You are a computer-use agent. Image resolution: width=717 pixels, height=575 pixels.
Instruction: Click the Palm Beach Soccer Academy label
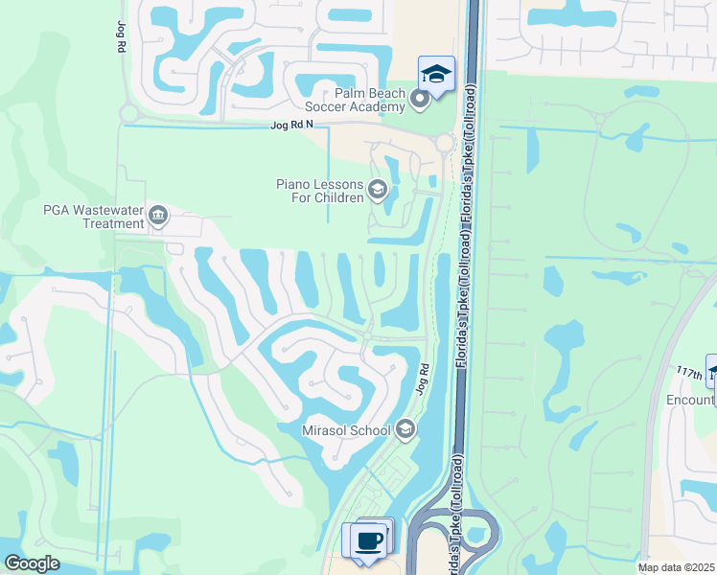pos(356,100)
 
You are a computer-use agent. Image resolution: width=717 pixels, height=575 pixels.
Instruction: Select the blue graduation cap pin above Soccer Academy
pos(436,74)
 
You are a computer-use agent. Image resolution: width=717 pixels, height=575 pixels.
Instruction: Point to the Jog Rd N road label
pos(292,126)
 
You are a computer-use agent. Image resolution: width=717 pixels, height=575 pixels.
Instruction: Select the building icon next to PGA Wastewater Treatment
pos(158,216)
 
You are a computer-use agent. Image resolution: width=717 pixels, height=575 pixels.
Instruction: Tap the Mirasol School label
pos(346,430)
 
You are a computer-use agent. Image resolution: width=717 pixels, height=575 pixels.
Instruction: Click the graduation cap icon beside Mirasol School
pos(405,428)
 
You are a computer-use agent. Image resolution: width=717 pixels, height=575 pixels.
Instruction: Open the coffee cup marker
pos(369,541)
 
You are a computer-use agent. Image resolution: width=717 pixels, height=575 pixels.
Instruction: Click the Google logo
pos(32,563)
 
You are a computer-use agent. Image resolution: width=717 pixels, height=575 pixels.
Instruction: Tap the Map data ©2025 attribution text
pos(675,567)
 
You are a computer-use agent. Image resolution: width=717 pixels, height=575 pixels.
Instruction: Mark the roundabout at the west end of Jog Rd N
pos(128,113)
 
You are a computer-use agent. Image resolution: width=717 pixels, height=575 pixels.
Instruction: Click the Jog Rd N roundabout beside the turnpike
pos(444,143)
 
